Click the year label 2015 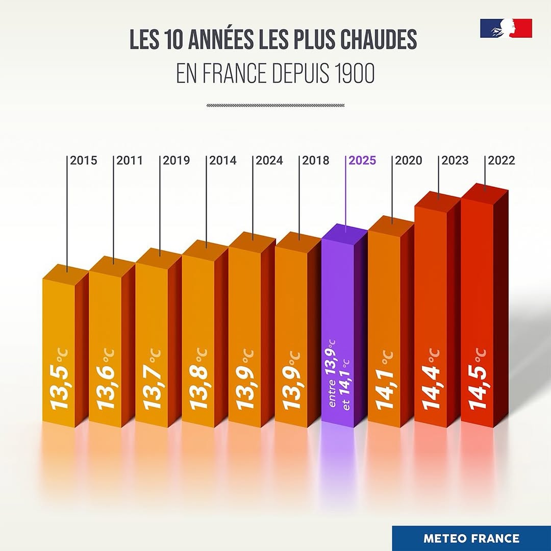point(84,161)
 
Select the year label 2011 point(130,161)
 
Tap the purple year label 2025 point(362,161)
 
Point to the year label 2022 point(502,161)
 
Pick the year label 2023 point(455,161)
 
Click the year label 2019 point(177,161)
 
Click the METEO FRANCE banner point(471,538)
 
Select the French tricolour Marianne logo point(506,28)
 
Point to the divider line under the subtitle point(275,106)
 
